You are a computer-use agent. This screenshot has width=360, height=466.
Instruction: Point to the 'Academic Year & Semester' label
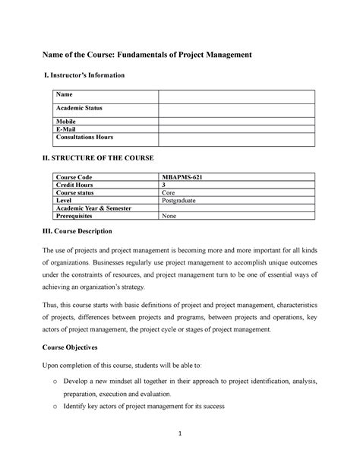pyautogui.click(x=94, y=208)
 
